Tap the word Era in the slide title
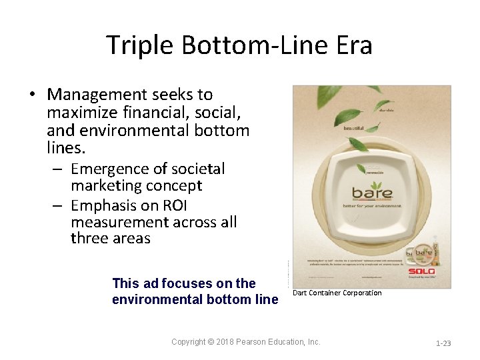tap(353, 45)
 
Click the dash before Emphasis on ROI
tap(59, 204)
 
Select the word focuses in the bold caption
tap(180, 283)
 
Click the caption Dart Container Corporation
tap(337, 293)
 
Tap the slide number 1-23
tap(443, 343)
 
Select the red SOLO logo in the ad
tap(422, 271)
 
